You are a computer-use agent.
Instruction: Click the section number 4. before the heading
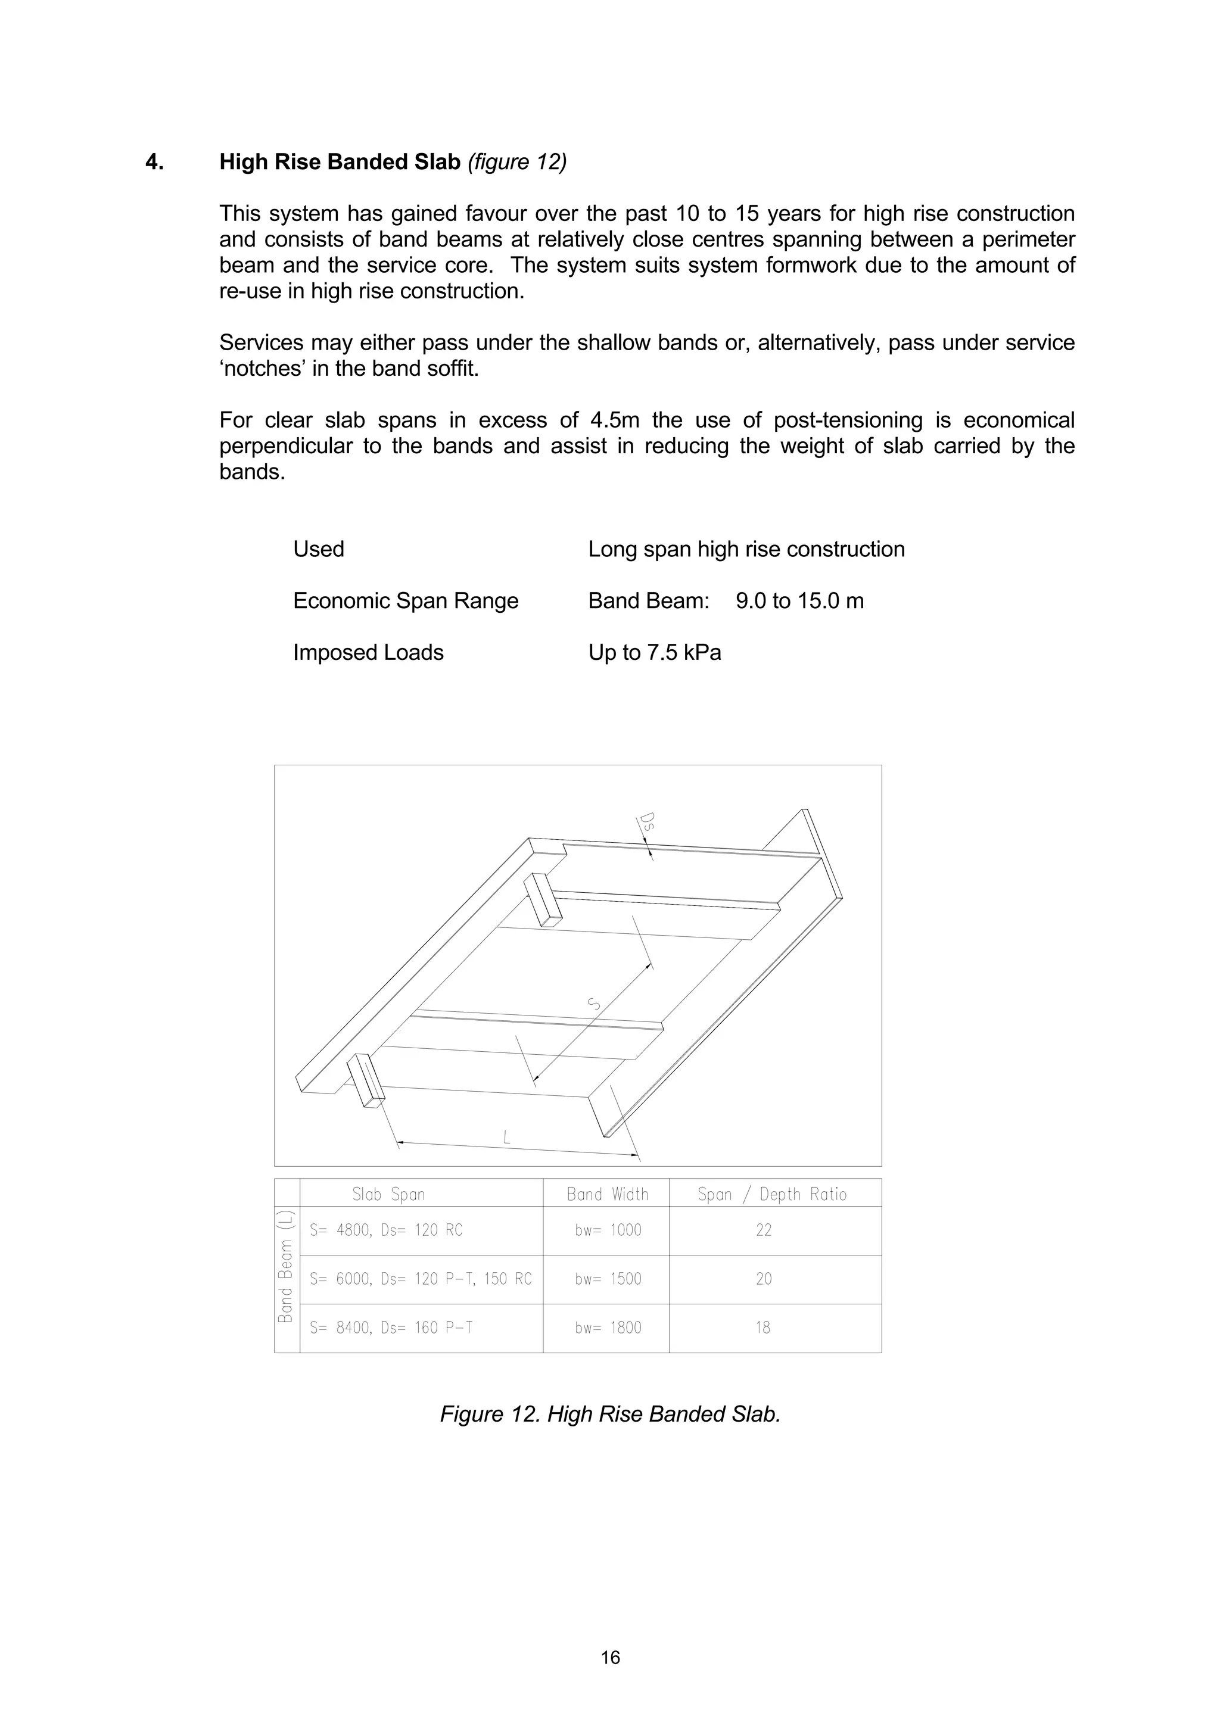[x=154, y=163]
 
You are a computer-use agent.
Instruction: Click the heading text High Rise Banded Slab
[x=340, y=163]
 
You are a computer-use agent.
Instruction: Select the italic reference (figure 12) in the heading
[x=517, y=163]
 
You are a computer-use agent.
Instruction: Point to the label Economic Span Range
[x=405, y=602]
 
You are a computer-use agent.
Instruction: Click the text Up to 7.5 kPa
[x=654, y=653]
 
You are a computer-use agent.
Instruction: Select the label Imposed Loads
[x=368, y=653]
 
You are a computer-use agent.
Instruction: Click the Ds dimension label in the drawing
[x=647, y=822]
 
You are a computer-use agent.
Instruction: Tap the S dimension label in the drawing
[x=594, y=1004]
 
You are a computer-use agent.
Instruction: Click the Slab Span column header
[x=388, y=1195]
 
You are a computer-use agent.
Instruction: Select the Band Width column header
[x=608, y=1195]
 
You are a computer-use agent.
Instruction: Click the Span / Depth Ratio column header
[x=772, y=1195]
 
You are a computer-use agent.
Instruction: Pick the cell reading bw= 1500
[x=608, y=1279]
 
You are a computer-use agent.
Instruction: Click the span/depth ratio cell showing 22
[x=764, y=1230]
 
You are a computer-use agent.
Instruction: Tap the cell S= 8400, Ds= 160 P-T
[x=391, y=1328]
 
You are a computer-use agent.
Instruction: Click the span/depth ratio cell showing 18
[x=763, y=1328]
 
